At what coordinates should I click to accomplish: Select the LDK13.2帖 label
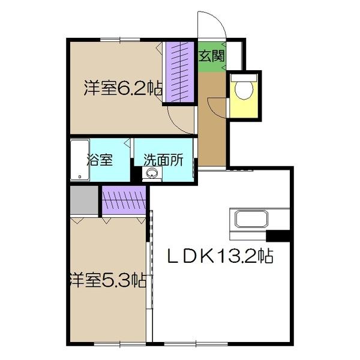click(x=220, y=257)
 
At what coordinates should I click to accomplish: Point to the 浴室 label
click(x=99, y=160)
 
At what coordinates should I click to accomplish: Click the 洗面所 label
click(x=163, y=160)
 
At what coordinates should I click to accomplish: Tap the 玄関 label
click(x=212, y=56)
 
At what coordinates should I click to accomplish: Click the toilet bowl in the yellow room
click(x=243, y=89)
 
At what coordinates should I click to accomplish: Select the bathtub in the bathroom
click(x=79, y=160)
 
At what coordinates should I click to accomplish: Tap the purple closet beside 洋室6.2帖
click(x=180, y=71)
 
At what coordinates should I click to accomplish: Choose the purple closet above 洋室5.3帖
click(x=124, y=200)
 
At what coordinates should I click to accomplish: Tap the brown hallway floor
click(x=212, y=129)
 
